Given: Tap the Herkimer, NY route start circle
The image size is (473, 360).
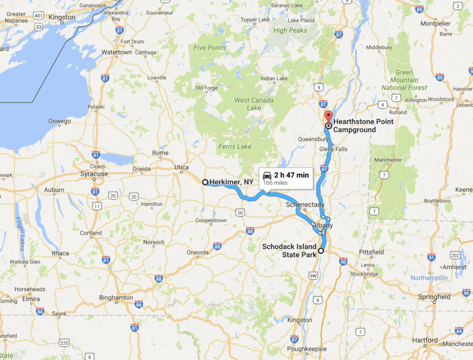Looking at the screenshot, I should (x=205, y=182).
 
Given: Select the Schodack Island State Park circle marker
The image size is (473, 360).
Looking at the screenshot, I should (x=321, y=251).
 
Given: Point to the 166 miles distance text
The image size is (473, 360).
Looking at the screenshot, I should (x=275, y=183).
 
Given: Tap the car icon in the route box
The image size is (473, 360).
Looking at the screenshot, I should (x=267, y=175).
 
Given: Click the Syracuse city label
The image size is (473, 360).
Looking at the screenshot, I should (x=94, y=174).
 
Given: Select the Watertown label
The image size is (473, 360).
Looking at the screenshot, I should (x=116, y=52).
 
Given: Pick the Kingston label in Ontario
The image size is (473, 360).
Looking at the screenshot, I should (x=61, y=18).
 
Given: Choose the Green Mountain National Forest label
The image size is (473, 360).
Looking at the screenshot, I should (x=404, y=80).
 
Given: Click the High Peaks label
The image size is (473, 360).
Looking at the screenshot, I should (x=290, y=31).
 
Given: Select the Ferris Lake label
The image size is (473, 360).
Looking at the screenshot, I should (x=235, y=146).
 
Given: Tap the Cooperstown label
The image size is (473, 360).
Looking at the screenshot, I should (x=211, y=220).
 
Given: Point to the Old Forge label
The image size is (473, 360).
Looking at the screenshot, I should (x=206, y=88).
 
